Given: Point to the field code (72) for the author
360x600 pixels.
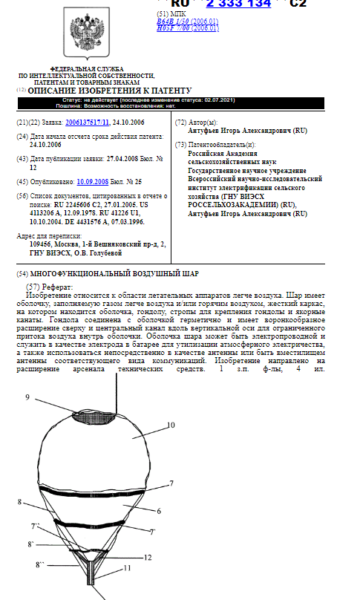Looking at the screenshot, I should click(180, 122).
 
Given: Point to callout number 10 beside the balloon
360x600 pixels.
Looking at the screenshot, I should click(170, 425).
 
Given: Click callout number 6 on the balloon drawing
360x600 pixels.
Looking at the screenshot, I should click(158, 511).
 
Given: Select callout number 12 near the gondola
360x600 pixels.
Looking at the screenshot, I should click(147, 557).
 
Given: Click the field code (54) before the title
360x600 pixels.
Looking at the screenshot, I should click(22, 273).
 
